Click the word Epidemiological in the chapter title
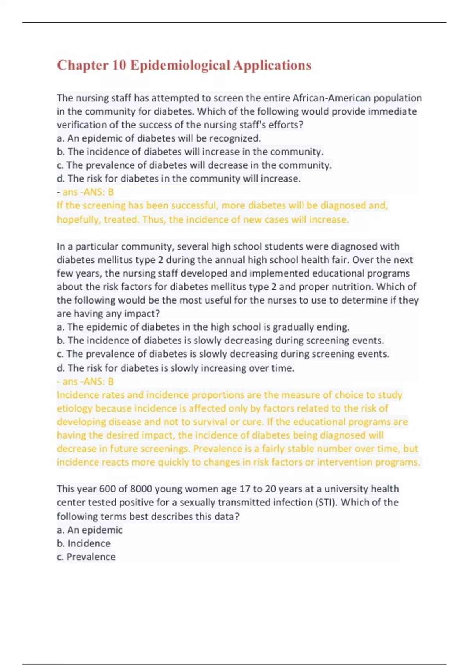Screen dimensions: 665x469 pos(180,65)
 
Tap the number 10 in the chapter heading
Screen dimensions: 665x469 pos(119,65)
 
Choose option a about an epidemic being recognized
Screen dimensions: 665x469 pos(159,138)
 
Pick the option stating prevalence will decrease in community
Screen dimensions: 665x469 pos(194,165)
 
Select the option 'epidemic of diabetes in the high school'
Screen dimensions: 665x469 pos(203,327)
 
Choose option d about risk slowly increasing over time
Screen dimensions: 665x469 pos(175,368)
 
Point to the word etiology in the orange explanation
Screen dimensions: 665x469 pos(74,408)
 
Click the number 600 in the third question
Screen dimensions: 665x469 pos(107,489)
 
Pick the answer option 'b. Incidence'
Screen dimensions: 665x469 pos(84,543)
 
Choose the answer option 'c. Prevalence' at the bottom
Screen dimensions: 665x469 pos(86,557)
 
